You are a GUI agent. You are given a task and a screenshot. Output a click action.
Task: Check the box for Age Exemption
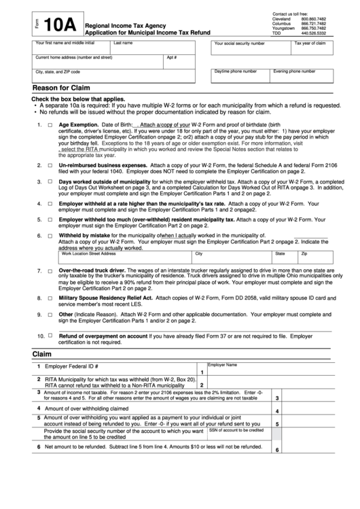coord(49,126)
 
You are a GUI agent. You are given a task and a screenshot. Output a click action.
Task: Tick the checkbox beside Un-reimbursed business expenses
coord(49,165)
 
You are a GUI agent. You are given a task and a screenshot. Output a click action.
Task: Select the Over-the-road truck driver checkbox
coord(49,251)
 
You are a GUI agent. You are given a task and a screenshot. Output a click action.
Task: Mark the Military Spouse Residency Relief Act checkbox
coord(49,279)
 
